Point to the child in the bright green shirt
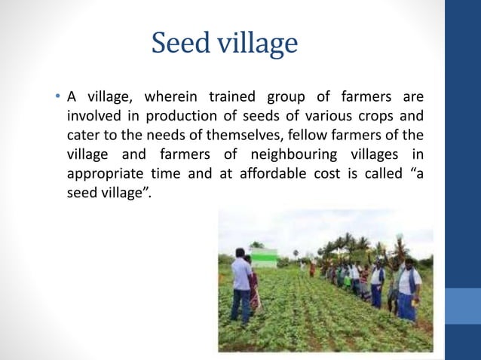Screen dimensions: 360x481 (x=347, y=280)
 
